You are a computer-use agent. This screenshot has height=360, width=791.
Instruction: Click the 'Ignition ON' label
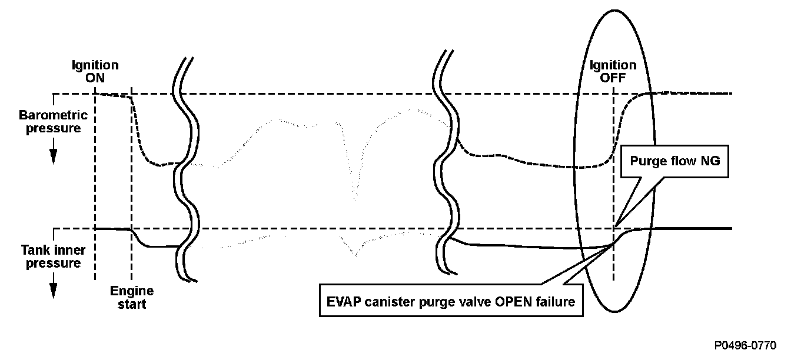(95, 71)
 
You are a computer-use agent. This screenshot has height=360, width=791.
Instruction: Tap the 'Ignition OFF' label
(613, 71)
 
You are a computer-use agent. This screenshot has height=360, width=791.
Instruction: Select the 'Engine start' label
(132, 298)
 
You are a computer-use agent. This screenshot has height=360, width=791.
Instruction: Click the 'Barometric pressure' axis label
(53, 122)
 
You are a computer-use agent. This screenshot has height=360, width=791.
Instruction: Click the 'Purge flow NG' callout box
(675, 161)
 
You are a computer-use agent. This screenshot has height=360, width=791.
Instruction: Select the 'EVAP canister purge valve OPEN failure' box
(451, 300)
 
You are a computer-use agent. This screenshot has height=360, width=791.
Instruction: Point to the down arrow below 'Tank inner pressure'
(53, 289)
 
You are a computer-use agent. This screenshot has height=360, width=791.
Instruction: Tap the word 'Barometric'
(53, 115)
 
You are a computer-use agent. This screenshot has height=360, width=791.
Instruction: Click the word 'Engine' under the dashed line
(132, 291)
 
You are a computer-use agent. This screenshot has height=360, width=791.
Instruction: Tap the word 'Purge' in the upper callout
(646, 161)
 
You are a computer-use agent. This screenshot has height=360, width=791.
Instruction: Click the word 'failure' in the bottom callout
(553, 300)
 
